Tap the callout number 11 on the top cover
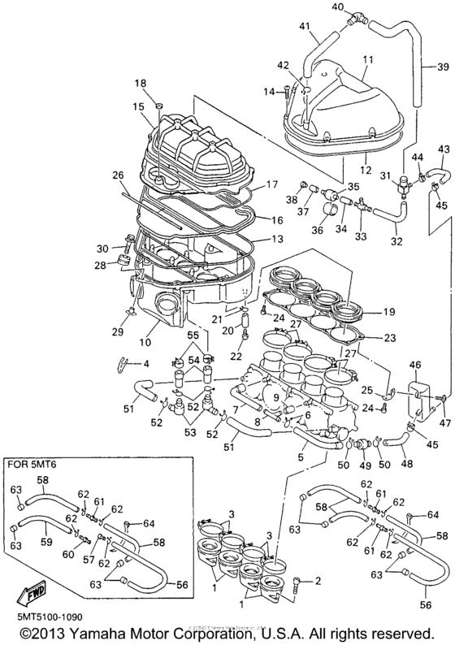point(368,60)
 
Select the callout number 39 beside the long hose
point(444,67)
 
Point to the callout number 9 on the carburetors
point(276,398)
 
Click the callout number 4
point(147,363)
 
